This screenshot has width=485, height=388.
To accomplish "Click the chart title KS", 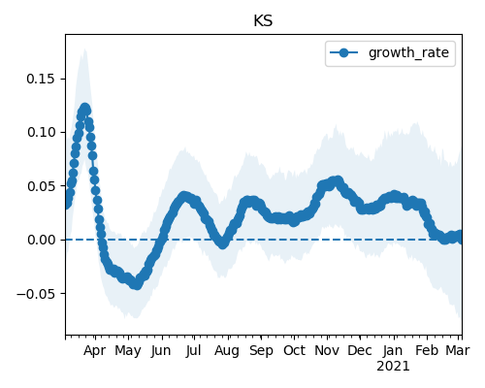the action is pyautogui.click(x=263, y=21).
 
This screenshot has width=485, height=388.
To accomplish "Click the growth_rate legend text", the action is pyautogui.click(x=408, y=52).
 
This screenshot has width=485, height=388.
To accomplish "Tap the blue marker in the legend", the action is pyautogui.click(x=344, y=52).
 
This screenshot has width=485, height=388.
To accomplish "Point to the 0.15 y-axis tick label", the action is pyautogui.click(x=41, y=79).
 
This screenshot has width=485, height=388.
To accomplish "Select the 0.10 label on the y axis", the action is pyautogui.click(x=41, y=132).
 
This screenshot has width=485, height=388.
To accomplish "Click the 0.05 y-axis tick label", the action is pyautogui.click(x=41, y=186).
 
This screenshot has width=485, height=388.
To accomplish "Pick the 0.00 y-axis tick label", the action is pyautogui.click(x=41, y=240).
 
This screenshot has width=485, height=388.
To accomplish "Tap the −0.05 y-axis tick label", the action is pyautogui.click(x=36, y=294).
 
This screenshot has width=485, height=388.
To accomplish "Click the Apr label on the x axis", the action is pyautogui.click(x=94, y=351).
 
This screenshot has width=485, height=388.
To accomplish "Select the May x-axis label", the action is pyautogui.click(x=128, y=351).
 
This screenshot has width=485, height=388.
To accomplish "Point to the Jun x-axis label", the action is pyautogui.click(x=161, y=351).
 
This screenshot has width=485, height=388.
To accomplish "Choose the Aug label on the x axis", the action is pyautogui.click(x=227, y=351).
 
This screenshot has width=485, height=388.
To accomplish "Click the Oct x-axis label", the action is pyautogui.click(x=294, y=351).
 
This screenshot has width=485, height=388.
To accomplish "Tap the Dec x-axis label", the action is pyautogui.click(x=360, y=351).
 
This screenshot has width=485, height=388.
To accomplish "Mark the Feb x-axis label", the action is pyautogui.click(x=427, y=351).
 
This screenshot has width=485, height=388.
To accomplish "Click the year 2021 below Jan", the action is pyautogui.click(x=393, y=367).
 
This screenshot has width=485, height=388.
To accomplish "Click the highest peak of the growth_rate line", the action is pyautogui.click(x=84, y=109).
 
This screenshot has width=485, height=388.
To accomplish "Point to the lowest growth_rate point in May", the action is pyautogui.click(x=137, y=285).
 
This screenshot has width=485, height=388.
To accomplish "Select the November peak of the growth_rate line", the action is pyautogui.click(x=338, y=180).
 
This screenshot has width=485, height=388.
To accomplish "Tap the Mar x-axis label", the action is pyautogui.click(x=458, y=351).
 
